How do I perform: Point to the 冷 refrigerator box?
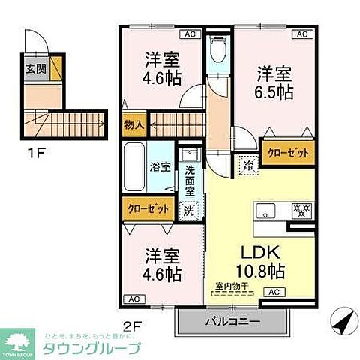(x=247, y=163)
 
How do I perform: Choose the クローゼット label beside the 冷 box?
(x=288, y=152)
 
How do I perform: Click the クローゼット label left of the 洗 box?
(x=148, y=208)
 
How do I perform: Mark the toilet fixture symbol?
(x=217, y=50)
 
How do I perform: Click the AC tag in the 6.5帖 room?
(x=303, y=34)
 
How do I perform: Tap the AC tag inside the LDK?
(x=274, y=292)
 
